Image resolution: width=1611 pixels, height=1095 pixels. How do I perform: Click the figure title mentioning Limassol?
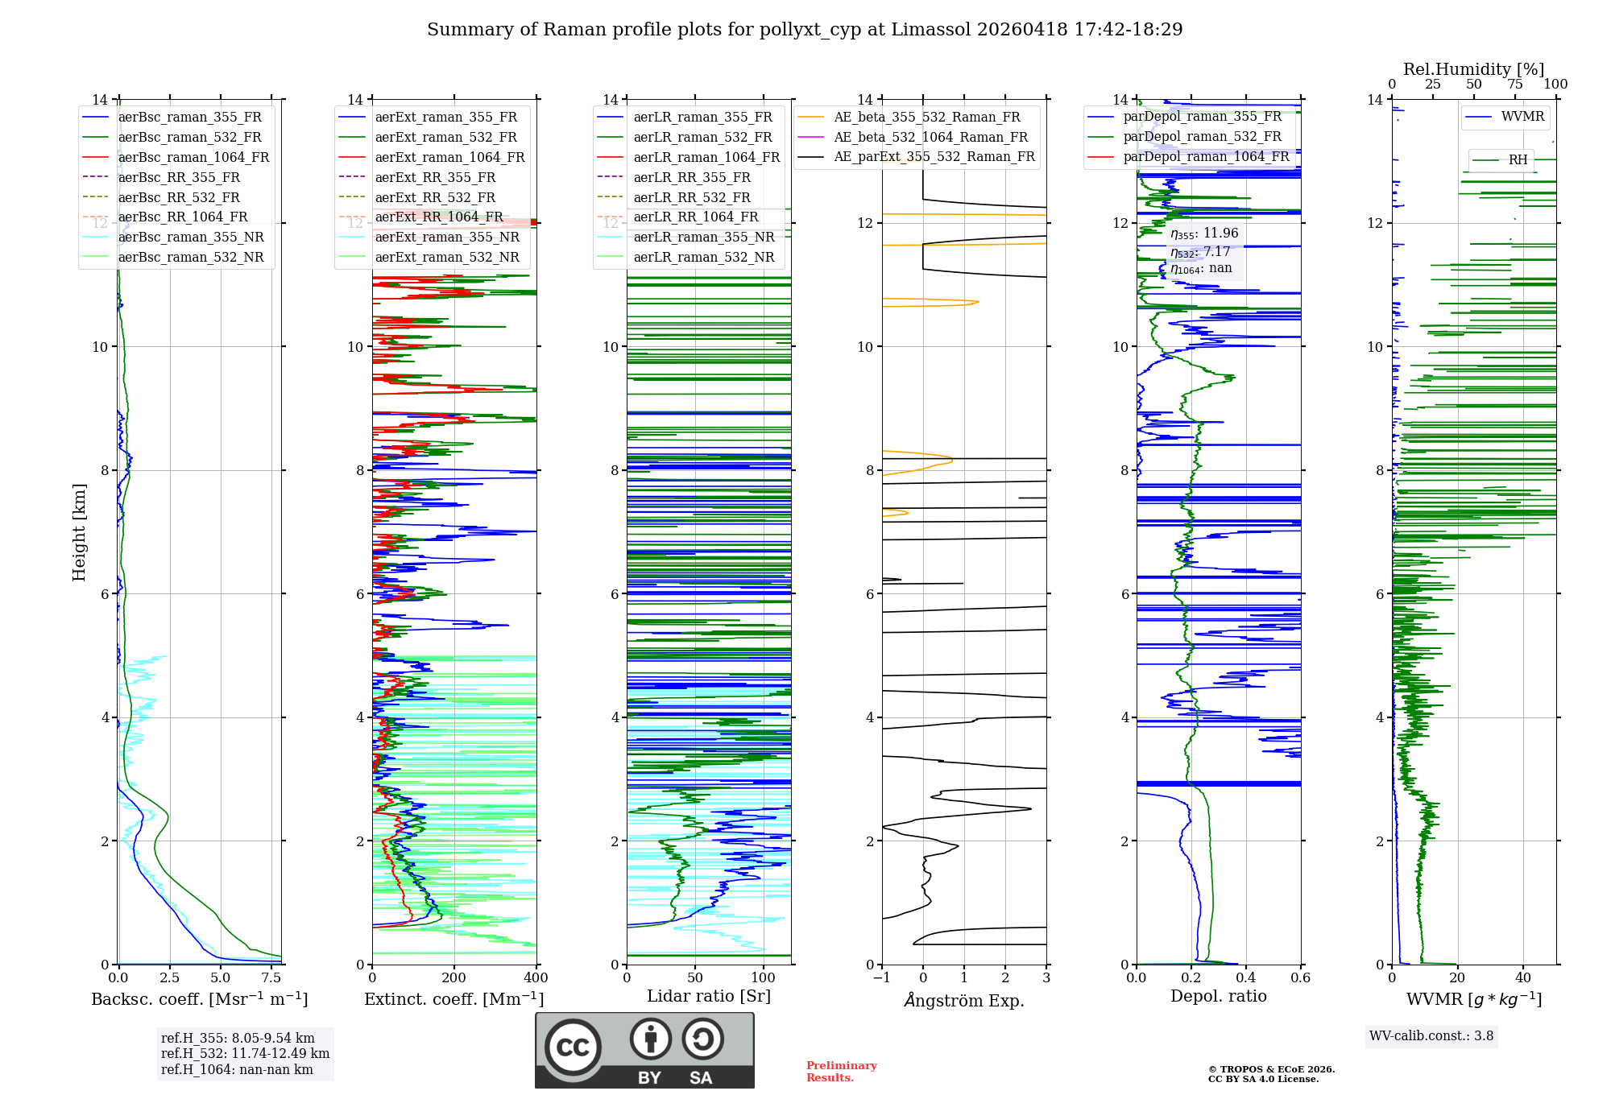point(805,30)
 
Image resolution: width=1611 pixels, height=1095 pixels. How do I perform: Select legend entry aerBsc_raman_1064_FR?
point(193,158)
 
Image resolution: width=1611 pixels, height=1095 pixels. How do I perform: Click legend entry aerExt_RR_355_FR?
point(435,178)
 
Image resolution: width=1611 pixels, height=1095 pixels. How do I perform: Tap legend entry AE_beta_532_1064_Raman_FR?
point(930,138)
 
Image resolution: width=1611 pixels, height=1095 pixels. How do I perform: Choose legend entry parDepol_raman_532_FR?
point(1202,137)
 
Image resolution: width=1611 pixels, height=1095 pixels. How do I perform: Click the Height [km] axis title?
point(79,531)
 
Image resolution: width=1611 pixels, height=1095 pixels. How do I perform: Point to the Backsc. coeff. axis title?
point(199,999)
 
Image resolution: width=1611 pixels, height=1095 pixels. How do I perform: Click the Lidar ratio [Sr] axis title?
point(708,997)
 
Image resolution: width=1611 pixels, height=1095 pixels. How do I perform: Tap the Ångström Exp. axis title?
point(963,1001)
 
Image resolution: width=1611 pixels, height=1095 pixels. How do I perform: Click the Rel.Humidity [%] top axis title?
point(1473,69)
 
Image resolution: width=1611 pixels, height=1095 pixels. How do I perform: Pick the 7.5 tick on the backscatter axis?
point(271,978)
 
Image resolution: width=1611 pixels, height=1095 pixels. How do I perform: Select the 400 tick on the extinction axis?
point(536,978)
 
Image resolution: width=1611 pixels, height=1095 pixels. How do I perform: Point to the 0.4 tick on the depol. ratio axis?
point(1246,978)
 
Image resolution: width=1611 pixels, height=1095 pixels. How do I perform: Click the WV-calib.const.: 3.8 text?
point(1431,1036)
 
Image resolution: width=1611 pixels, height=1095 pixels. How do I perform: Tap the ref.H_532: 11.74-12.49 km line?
point(245,1053)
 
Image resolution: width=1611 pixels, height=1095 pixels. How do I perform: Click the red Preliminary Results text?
point(841,1072)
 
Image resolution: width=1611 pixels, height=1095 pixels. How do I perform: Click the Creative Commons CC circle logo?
point(573,1047)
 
